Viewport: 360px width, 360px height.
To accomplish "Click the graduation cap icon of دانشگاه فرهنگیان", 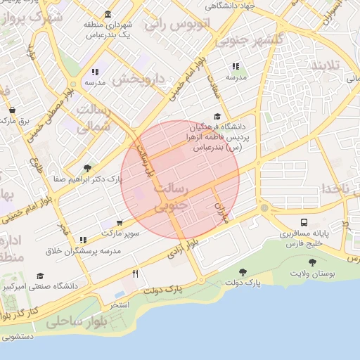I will point(217,117).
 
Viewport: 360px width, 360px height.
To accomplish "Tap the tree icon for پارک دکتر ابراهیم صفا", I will point(87,168).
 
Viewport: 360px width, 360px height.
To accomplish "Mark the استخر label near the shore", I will point(119,306).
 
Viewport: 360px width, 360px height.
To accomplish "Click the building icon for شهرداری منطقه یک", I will point(107,14).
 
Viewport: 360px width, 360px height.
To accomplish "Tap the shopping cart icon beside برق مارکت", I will point(13,110).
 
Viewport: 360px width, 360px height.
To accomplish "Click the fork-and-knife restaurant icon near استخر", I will point(135,274).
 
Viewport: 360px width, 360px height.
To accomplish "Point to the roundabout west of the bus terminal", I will point(264,209).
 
